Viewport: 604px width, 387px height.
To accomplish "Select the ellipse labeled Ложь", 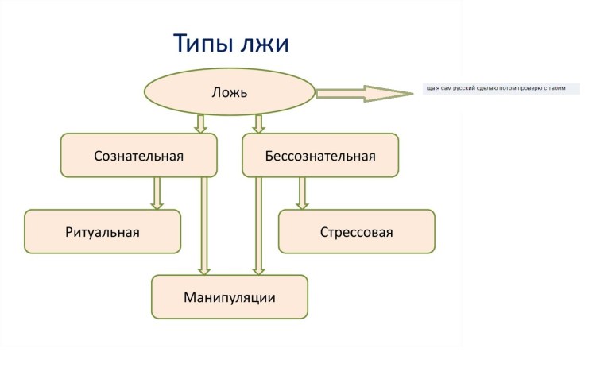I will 229,91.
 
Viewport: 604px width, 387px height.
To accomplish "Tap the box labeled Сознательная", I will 138,155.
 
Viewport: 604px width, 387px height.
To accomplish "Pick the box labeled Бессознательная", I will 319,155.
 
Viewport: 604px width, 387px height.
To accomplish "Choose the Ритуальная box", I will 102,232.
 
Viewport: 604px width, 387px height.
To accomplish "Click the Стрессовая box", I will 356,232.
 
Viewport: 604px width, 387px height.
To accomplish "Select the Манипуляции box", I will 229,297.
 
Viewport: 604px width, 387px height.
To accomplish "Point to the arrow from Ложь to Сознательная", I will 200,123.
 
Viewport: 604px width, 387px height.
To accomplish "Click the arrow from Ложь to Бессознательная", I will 257,123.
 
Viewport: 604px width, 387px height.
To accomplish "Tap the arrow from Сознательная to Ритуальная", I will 157,193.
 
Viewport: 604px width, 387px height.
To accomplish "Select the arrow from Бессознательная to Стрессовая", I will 302,193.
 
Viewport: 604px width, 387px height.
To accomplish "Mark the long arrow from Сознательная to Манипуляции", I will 204,226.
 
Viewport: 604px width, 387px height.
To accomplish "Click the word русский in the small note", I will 465,88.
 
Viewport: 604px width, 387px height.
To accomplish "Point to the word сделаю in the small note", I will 489,88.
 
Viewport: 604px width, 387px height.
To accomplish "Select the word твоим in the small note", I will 565,88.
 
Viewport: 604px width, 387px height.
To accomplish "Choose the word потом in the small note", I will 509,88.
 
